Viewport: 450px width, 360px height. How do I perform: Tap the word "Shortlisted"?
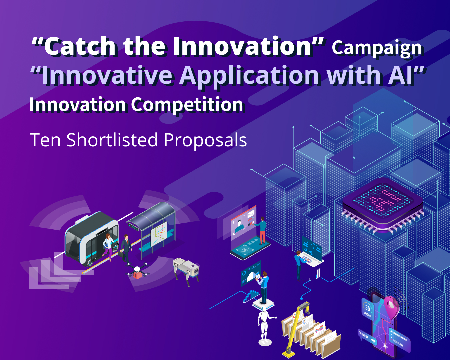click(112, 140)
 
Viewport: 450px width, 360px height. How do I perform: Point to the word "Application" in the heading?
click(249, 75)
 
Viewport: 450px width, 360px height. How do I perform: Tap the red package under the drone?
click(137, 275)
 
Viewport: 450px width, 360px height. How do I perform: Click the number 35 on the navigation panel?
click(367, 308)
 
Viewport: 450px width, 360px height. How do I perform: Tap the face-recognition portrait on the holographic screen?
click(239, 226)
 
